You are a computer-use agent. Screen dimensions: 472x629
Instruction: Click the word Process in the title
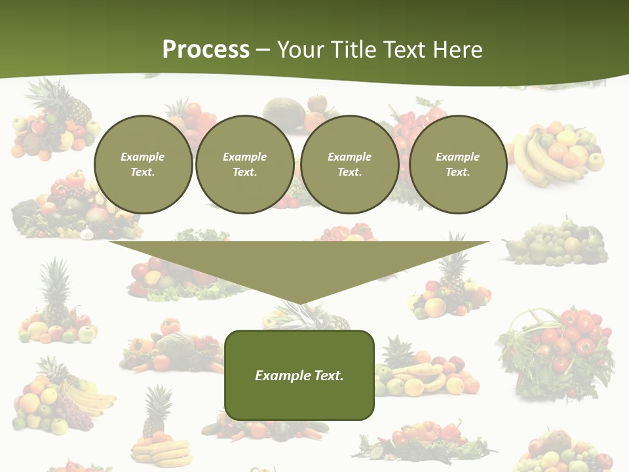tap(206, 50)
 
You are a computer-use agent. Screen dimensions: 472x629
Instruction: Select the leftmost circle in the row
tap(143, 165)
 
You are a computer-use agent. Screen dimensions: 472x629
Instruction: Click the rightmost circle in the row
tap(458, 165)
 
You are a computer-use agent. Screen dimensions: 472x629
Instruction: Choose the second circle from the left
tap(244, 165)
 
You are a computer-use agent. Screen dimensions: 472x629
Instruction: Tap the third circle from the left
tap(349, 165)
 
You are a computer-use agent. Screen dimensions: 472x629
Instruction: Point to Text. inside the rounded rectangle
tap(329, 376)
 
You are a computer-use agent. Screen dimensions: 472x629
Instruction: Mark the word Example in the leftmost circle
tap(143, 157)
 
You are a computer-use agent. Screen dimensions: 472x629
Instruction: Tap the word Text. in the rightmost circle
tap(458, 172)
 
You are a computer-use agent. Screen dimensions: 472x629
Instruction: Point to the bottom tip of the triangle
tap(299, 303)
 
